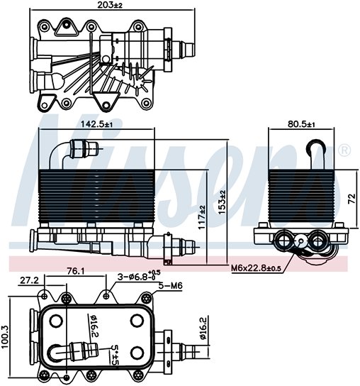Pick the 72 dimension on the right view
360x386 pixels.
(351, 199)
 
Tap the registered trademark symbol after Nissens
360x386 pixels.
(344, 150)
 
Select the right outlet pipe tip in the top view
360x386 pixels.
(190, 50)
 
